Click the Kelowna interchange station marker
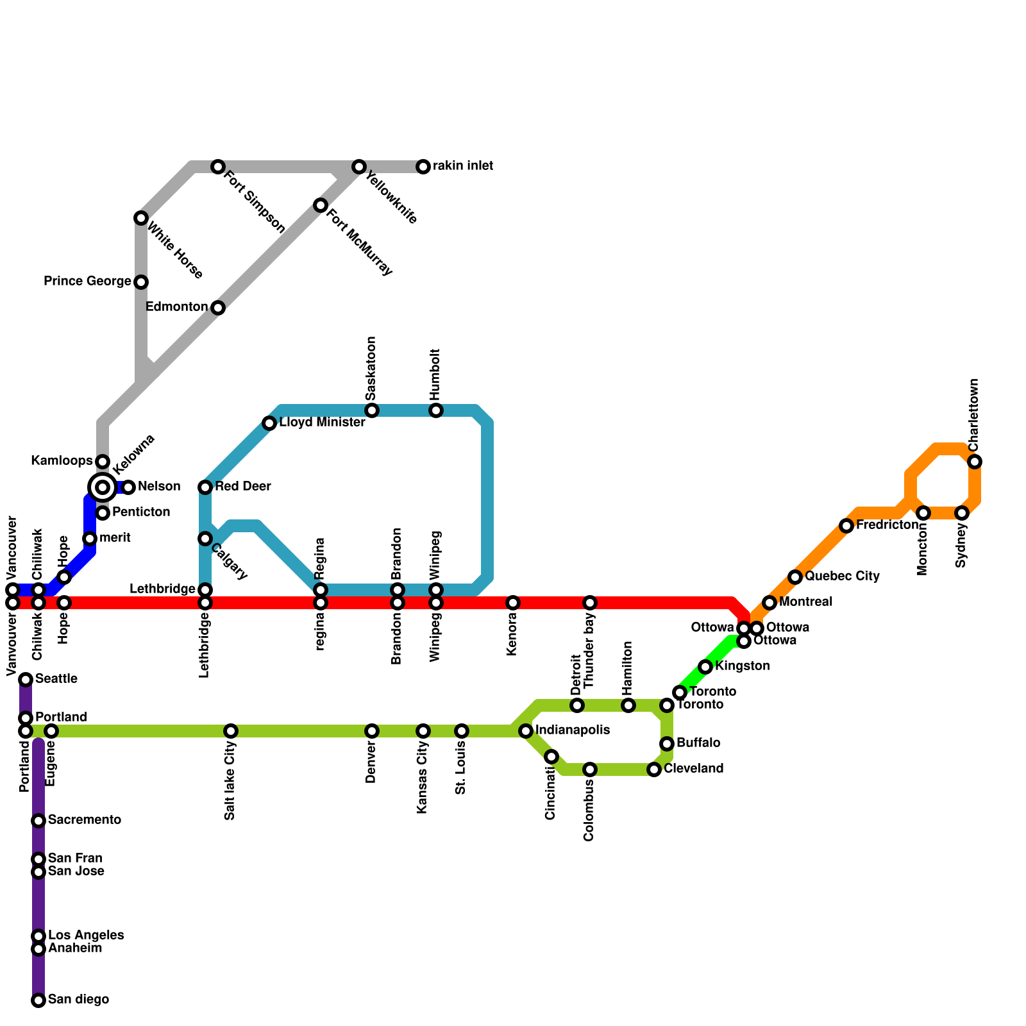(103, 487)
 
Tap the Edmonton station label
(176, 307)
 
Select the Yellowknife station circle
(359, 167)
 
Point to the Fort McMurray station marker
(321, 205)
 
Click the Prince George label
(87, 282)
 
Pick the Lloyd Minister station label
(322, 423)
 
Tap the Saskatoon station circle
(372, 410)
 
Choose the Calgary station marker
(205, 539)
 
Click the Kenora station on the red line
(513, 603)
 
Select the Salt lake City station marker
(231, 731)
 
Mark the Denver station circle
(372, 731)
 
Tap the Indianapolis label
(572, 730)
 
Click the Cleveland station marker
(654, 769)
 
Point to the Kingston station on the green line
(705, 667)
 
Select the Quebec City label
(842, 576)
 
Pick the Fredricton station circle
(846, 526)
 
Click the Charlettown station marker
(975, 462)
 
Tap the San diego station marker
(38, 1000)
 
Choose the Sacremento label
(85, 820)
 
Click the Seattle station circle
(26, 680)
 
